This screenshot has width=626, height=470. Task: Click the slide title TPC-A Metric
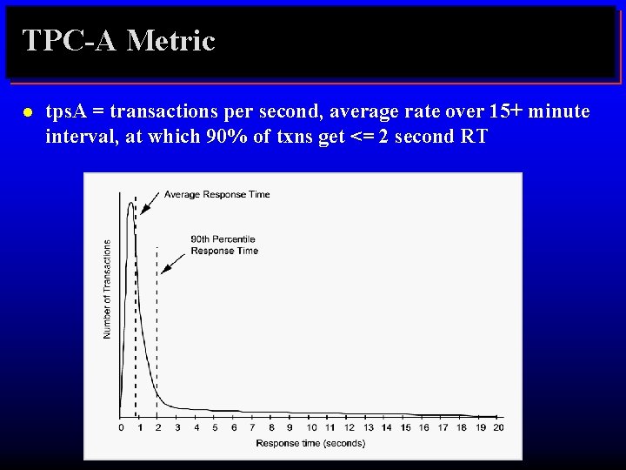[118, 41]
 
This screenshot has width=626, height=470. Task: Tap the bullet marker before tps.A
[27, 113]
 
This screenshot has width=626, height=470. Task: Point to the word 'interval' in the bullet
[79, 137]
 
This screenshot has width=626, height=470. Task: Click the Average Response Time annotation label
[216, 194]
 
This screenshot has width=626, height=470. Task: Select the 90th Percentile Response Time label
[223, 245]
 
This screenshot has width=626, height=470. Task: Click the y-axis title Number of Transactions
[107, 289]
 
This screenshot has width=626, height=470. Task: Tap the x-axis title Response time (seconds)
[310, 443]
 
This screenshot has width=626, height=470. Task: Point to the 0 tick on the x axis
[121, 427]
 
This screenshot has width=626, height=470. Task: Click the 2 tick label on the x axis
[157, 427]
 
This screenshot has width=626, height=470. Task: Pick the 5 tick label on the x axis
[214, 427]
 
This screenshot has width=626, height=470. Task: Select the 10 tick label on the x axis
[311, 427]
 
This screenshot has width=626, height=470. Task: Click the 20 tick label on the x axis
[498, 427]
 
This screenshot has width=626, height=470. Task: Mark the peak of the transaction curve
[131, 204]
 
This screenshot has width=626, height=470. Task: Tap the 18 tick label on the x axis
[461, 427]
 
